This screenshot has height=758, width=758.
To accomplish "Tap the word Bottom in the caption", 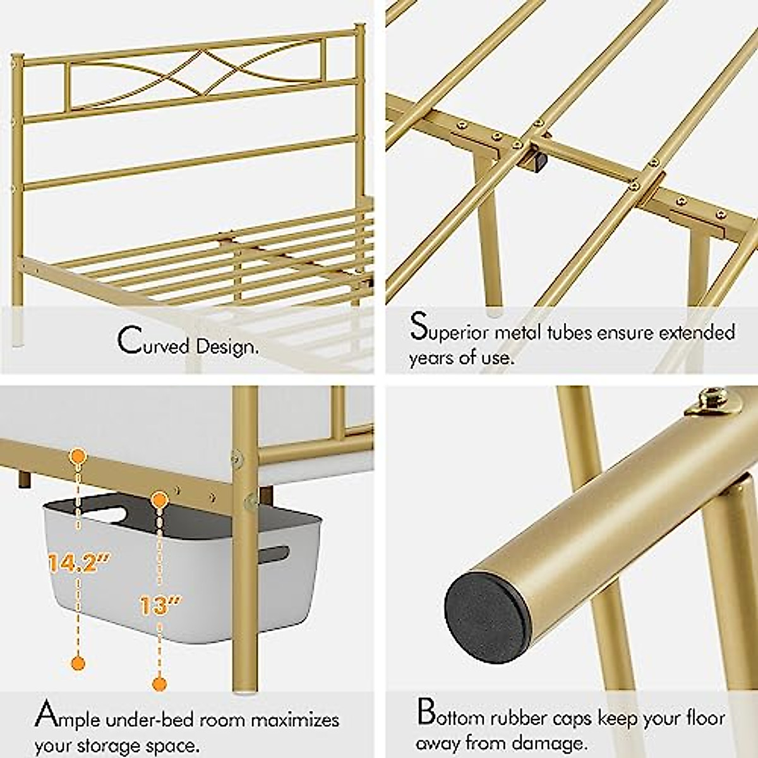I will pyautogui.click(x=454, y=716).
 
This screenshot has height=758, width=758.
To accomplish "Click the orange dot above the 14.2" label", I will pyautogui.click(x=78, y=455).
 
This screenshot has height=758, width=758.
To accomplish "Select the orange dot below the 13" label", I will pyautogui.click(x=160, y=683).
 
